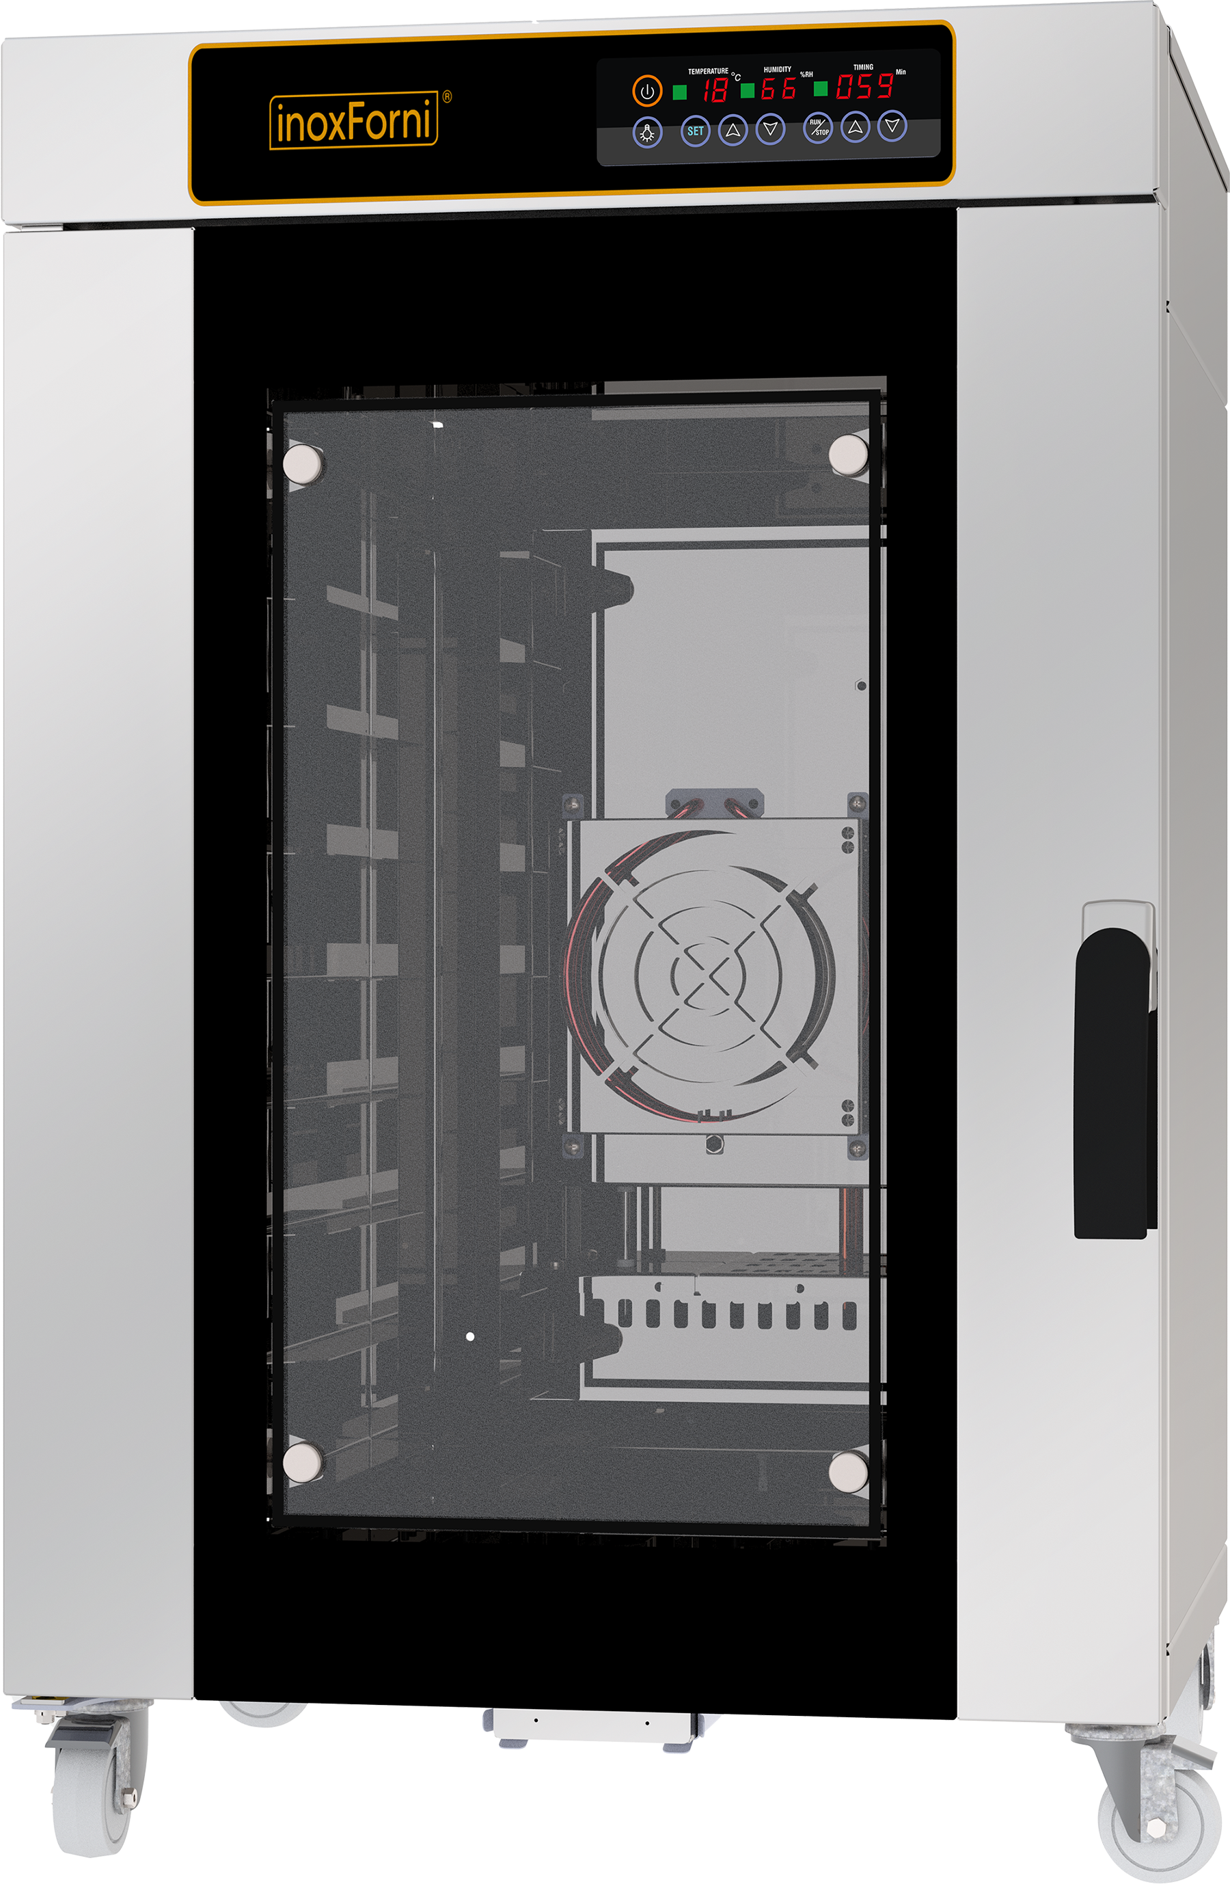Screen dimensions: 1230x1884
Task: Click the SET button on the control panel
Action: click(x=695, y=131)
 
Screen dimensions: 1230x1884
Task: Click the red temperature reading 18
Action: click(x=715, y=90)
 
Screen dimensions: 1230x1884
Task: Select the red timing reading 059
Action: click(x=865, y=86)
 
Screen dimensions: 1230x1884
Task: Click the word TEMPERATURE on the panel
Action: click(x=708, y=71)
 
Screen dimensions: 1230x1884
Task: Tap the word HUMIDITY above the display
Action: click(x=776, y=70)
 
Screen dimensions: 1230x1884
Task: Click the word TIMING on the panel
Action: click(x=863, y=67)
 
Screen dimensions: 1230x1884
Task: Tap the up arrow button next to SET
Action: click(x=732, y=130)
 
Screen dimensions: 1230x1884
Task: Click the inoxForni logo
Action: click(x=354, y=120)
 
